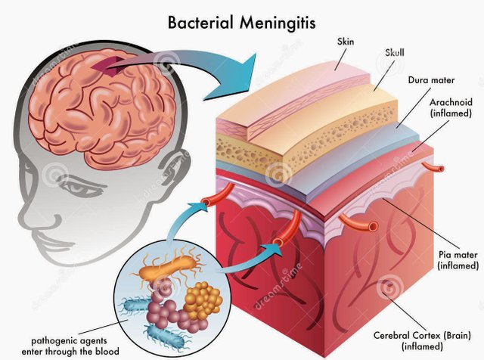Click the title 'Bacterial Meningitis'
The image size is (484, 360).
tap(242, 23)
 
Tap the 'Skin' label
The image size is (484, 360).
tap(346, 42)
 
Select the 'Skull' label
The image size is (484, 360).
tap(395, 53)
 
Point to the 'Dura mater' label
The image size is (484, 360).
tap(431, 80)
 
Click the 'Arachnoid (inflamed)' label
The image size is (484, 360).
tap(451, 107)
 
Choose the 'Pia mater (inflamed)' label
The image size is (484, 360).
tap(458, 260)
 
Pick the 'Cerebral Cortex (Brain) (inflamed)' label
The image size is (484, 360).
tap(422, 340)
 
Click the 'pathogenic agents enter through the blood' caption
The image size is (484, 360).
tap(70, 346)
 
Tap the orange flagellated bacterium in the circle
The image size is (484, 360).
tap(168, 267)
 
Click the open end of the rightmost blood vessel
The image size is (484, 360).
tap(440, 169)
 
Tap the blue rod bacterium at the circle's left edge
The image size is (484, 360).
tap(134, 306)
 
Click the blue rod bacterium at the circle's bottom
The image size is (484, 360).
tap(165, 337)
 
